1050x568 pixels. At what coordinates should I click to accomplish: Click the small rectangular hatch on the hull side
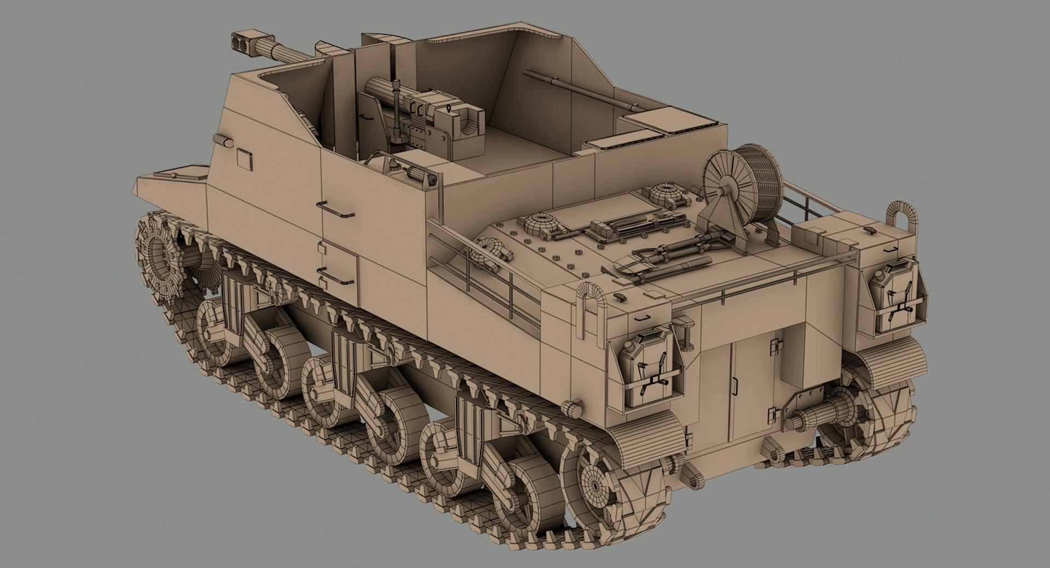tap(244, 159)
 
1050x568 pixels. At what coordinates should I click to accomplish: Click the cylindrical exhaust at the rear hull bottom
tap(815, 421)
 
